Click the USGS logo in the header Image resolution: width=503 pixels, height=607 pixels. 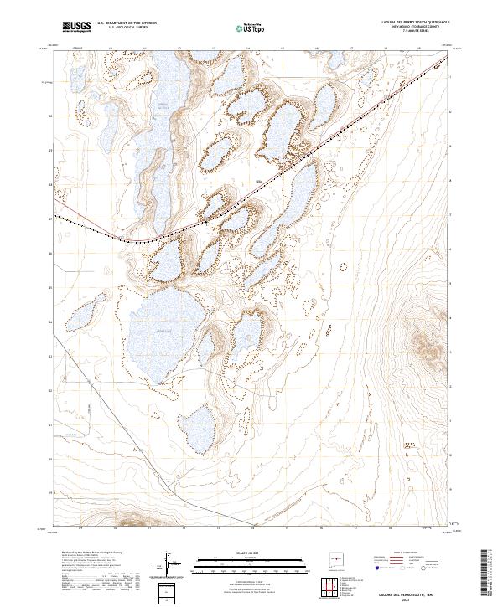(x=77, y=28)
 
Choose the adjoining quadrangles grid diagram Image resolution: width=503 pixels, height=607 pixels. (x=331, y=588)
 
